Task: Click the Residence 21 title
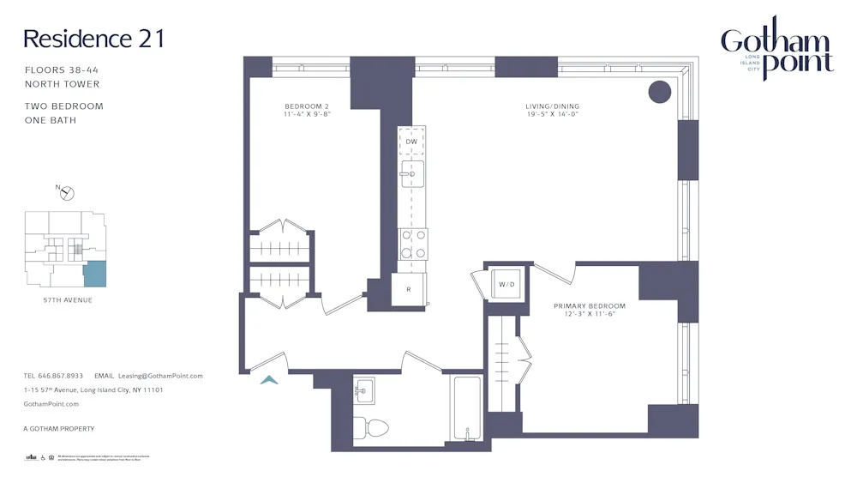[x=93, y=39]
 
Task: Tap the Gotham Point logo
[x=776, y=50]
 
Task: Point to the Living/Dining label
[x=552, y=110]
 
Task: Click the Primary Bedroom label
[x=589, y=310]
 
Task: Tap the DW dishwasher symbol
[x=411, y=142]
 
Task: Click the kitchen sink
[x=412, y=173]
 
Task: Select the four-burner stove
[x=413, y=244]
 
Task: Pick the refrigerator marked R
[x=409, y=289]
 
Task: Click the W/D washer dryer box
[x=506, y=284]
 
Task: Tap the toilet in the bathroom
[x=372, y=426]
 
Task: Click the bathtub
[x=467, y=408]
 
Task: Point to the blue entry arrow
[x=269, y=380]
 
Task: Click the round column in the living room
[x=658, y=91]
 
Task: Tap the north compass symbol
[x=67, y=192]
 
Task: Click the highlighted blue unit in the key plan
[x=94, y=275]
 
